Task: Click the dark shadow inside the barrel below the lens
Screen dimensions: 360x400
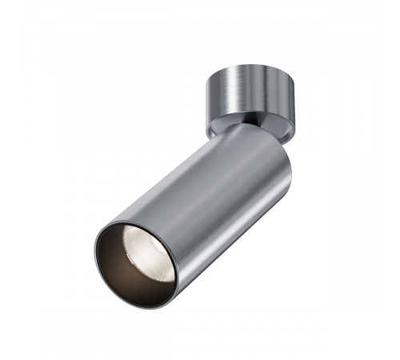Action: (132, 276)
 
